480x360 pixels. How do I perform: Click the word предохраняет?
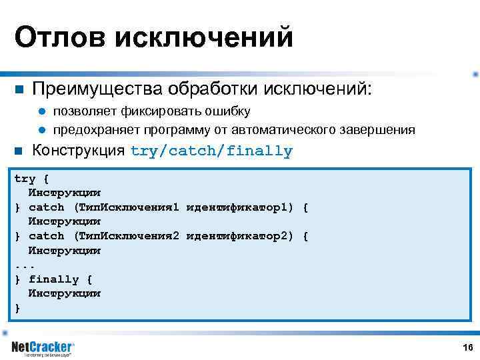pos(97,129)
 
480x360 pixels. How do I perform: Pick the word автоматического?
pos(282,129)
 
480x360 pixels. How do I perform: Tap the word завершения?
pos(377,129)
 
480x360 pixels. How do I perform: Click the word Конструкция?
pos(79,150)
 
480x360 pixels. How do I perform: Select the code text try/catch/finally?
pos(211,151)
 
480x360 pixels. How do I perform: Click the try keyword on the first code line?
pos(25,179)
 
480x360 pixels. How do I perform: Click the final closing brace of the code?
pos(17,308)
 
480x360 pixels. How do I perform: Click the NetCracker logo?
pos(43,348)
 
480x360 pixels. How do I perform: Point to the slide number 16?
pos(467,347)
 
